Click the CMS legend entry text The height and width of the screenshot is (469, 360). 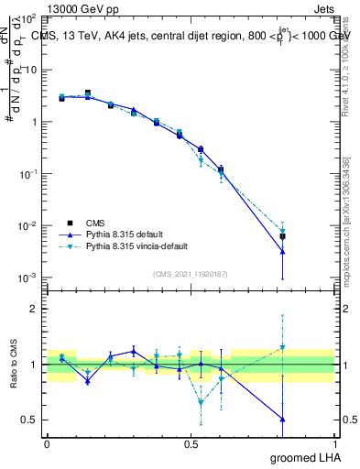pyautogui.click(x=95, y=223)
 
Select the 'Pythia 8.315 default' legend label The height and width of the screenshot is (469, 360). pyautogui.click(x=124, y=234)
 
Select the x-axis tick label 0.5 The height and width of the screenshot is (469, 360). pyautogui.click(x=191, y=444)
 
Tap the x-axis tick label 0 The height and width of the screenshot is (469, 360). pyautogui.click(x=47, y=444)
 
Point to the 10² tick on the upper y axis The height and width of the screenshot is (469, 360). pyautogui.click(x=29, y=18)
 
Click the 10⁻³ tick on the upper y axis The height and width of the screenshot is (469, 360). pyautogui.click(x=29, y=278)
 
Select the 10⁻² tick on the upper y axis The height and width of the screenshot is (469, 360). pyautogui.click(x=29, y=226)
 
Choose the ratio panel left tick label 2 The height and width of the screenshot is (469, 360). pyautogui.click(x=34, y=309)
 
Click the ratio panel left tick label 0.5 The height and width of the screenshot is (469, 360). pyautogui.click(x=30, y=420)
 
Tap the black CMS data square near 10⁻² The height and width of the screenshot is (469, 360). pyautogui.click(x=283, y=236)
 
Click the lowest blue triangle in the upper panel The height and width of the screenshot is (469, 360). pyautogui.click(x=283, y=251)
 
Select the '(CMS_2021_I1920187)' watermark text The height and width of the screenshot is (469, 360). pyautogui.click(x=191, y=273)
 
